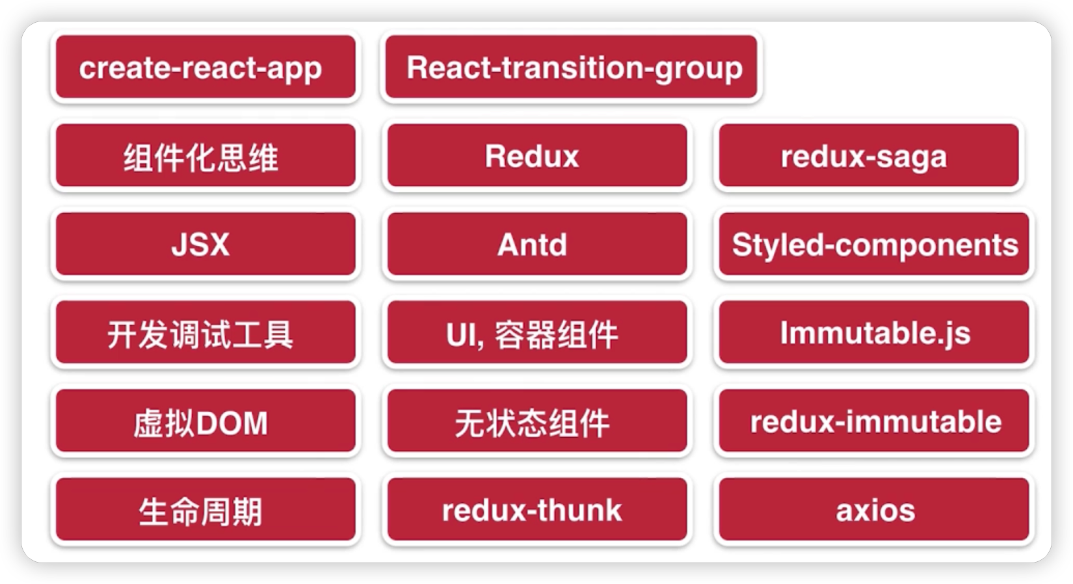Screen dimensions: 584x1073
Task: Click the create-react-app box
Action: point(205,68)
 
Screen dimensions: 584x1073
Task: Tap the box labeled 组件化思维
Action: point(205,156)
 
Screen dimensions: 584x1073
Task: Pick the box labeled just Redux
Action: point(536,156)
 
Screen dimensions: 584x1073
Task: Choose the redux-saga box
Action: point(868,156)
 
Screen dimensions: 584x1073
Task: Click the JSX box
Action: point(205,245)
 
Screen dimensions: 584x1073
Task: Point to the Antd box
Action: point(536,245)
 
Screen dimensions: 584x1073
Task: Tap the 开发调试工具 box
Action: point(205,333)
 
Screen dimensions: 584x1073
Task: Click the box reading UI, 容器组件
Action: point(536,333)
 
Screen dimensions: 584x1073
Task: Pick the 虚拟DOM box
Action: point(205,421)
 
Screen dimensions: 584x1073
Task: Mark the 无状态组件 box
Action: point(536,421)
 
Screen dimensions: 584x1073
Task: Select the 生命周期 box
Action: point(205,510)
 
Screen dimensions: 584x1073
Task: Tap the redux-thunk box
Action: point(536,510)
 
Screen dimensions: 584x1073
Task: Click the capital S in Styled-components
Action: point(741,245)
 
